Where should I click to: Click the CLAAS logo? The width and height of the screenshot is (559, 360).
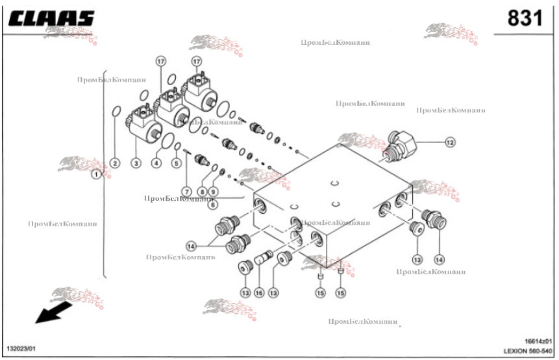point(51,18)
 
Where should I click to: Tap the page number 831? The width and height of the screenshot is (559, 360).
point(524,19)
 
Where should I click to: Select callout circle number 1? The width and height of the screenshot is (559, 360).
point(96,174)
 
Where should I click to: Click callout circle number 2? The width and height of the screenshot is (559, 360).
point(114,162)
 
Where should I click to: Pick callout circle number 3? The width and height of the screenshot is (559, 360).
point(136,162)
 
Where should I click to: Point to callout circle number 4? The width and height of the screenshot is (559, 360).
point(156,162)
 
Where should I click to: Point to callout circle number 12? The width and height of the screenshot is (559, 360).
point(450,141)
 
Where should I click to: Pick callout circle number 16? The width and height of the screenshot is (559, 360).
point(259,292)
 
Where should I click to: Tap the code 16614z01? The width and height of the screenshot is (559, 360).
point(538,341)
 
